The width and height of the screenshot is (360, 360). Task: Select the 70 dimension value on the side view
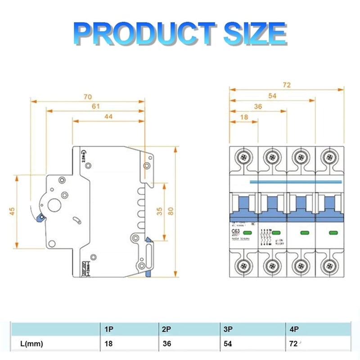tap(87, 96)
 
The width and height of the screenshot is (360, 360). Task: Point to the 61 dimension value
tap(95, 106)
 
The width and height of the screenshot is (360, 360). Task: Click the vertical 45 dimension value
tap(12, 211)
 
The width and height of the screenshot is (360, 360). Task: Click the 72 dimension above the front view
tap(287, 85)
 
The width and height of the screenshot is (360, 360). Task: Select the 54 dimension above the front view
tap(272, 95)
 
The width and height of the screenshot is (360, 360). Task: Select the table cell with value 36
tap(166, 344)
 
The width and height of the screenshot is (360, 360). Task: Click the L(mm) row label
tap(31, 344)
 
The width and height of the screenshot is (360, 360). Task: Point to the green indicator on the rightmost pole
tap(333, 233)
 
